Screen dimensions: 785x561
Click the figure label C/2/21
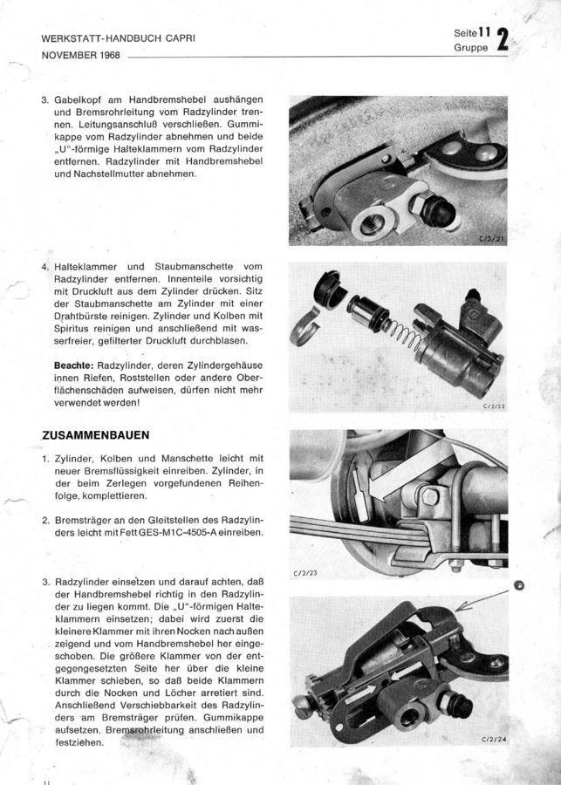click(495, 236)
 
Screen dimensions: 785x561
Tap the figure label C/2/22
click(495, 405)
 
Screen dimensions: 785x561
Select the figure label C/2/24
click(495, 739)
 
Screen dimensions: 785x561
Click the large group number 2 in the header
click(503, 43)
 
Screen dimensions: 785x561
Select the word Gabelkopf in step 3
click(85, 101)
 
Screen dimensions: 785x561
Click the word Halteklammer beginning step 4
click(90, 266)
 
